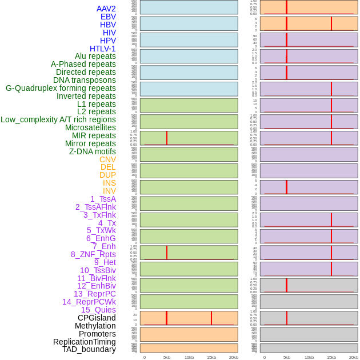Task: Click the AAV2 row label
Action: [x=106, y=9]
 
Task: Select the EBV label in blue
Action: [x=108, y=17]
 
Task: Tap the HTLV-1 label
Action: [x=102, y=49]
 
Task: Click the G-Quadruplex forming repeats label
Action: [x=61, y=88]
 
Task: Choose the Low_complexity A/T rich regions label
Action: [x=58, y=119]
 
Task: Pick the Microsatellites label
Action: [x=90, y=127]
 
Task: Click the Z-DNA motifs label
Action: [x=92, y=151]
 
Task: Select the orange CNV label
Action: [x=107, y=159]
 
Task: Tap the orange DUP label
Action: [x=107, y=175]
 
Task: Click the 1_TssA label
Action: [x=103, y=199]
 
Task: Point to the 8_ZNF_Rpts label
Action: [x=93, y=254]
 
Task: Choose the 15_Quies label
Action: [x=98, y=310]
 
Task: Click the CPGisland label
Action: [x=97, y=318]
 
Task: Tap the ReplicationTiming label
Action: [x=84, y=342]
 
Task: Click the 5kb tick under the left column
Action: [x=167, y=357]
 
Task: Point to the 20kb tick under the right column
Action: [x=354, y=357]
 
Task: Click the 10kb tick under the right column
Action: [x=309, y=357]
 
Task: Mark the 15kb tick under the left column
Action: [x=211, y=357]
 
